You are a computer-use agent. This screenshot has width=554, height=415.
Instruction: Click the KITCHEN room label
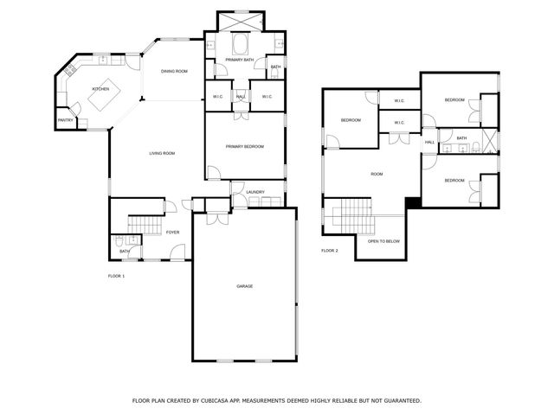tap(100, 89)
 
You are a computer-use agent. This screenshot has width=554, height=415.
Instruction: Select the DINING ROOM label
tap(174, 71)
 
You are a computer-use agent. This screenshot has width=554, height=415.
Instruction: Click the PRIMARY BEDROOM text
tap(245, 146)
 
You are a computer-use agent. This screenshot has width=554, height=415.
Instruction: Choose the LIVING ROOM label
tap(162, 153)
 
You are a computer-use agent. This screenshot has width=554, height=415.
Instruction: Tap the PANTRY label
tap(65, 120)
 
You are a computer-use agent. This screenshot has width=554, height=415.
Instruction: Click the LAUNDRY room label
tap(254, 192)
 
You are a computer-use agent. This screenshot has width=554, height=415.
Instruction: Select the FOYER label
tap(173, 232)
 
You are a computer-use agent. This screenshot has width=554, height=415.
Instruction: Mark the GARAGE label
tap(245, 285)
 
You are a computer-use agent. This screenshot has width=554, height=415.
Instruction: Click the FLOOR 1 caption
tap(116, 276)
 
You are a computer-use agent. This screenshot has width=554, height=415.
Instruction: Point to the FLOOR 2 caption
tap(330, 251)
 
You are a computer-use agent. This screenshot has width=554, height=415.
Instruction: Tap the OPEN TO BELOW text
tap(383, 241)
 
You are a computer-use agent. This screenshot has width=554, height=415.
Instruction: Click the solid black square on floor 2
tap(413, 202)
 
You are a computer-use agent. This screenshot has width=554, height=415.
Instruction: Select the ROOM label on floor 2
tap(377, 175)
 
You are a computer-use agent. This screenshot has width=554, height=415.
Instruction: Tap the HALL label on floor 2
tap(429, 142)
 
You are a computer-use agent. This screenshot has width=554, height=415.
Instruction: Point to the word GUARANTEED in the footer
tap(397, 400)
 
